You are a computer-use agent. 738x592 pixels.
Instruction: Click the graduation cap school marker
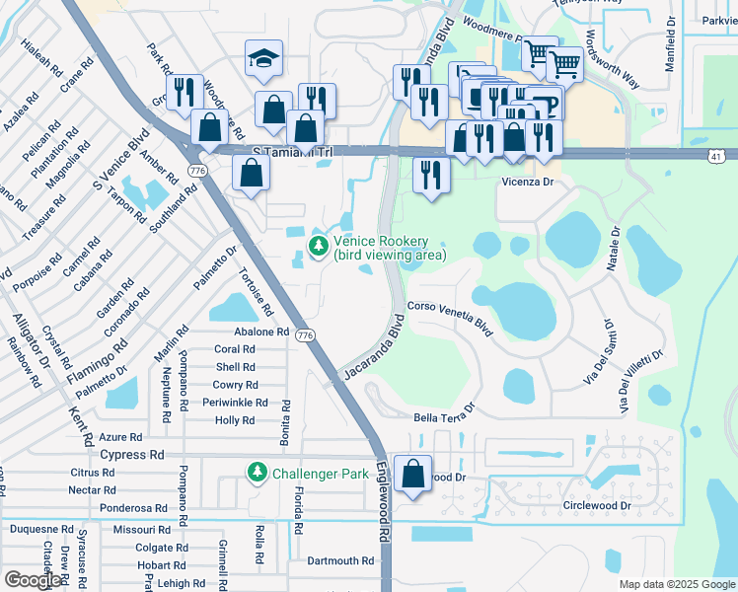click(264, 59)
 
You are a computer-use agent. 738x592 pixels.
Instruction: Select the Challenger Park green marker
click(258, 474)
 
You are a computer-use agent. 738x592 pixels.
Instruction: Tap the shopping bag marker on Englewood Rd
click(413, 473)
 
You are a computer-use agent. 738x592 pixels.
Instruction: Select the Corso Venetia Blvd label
click(449, 319)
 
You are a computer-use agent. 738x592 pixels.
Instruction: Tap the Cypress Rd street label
click(132, 455)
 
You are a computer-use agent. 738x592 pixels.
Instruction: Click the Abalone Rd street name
click(260, 332)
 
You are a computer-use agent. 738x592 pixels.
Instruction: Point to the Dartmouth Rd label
click(339, 560)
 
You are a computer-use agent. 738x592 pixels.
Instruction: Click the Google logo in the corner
click(33, 579)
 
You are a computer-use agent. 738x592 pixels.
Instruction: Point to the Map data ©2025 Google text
click(676, 584)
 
